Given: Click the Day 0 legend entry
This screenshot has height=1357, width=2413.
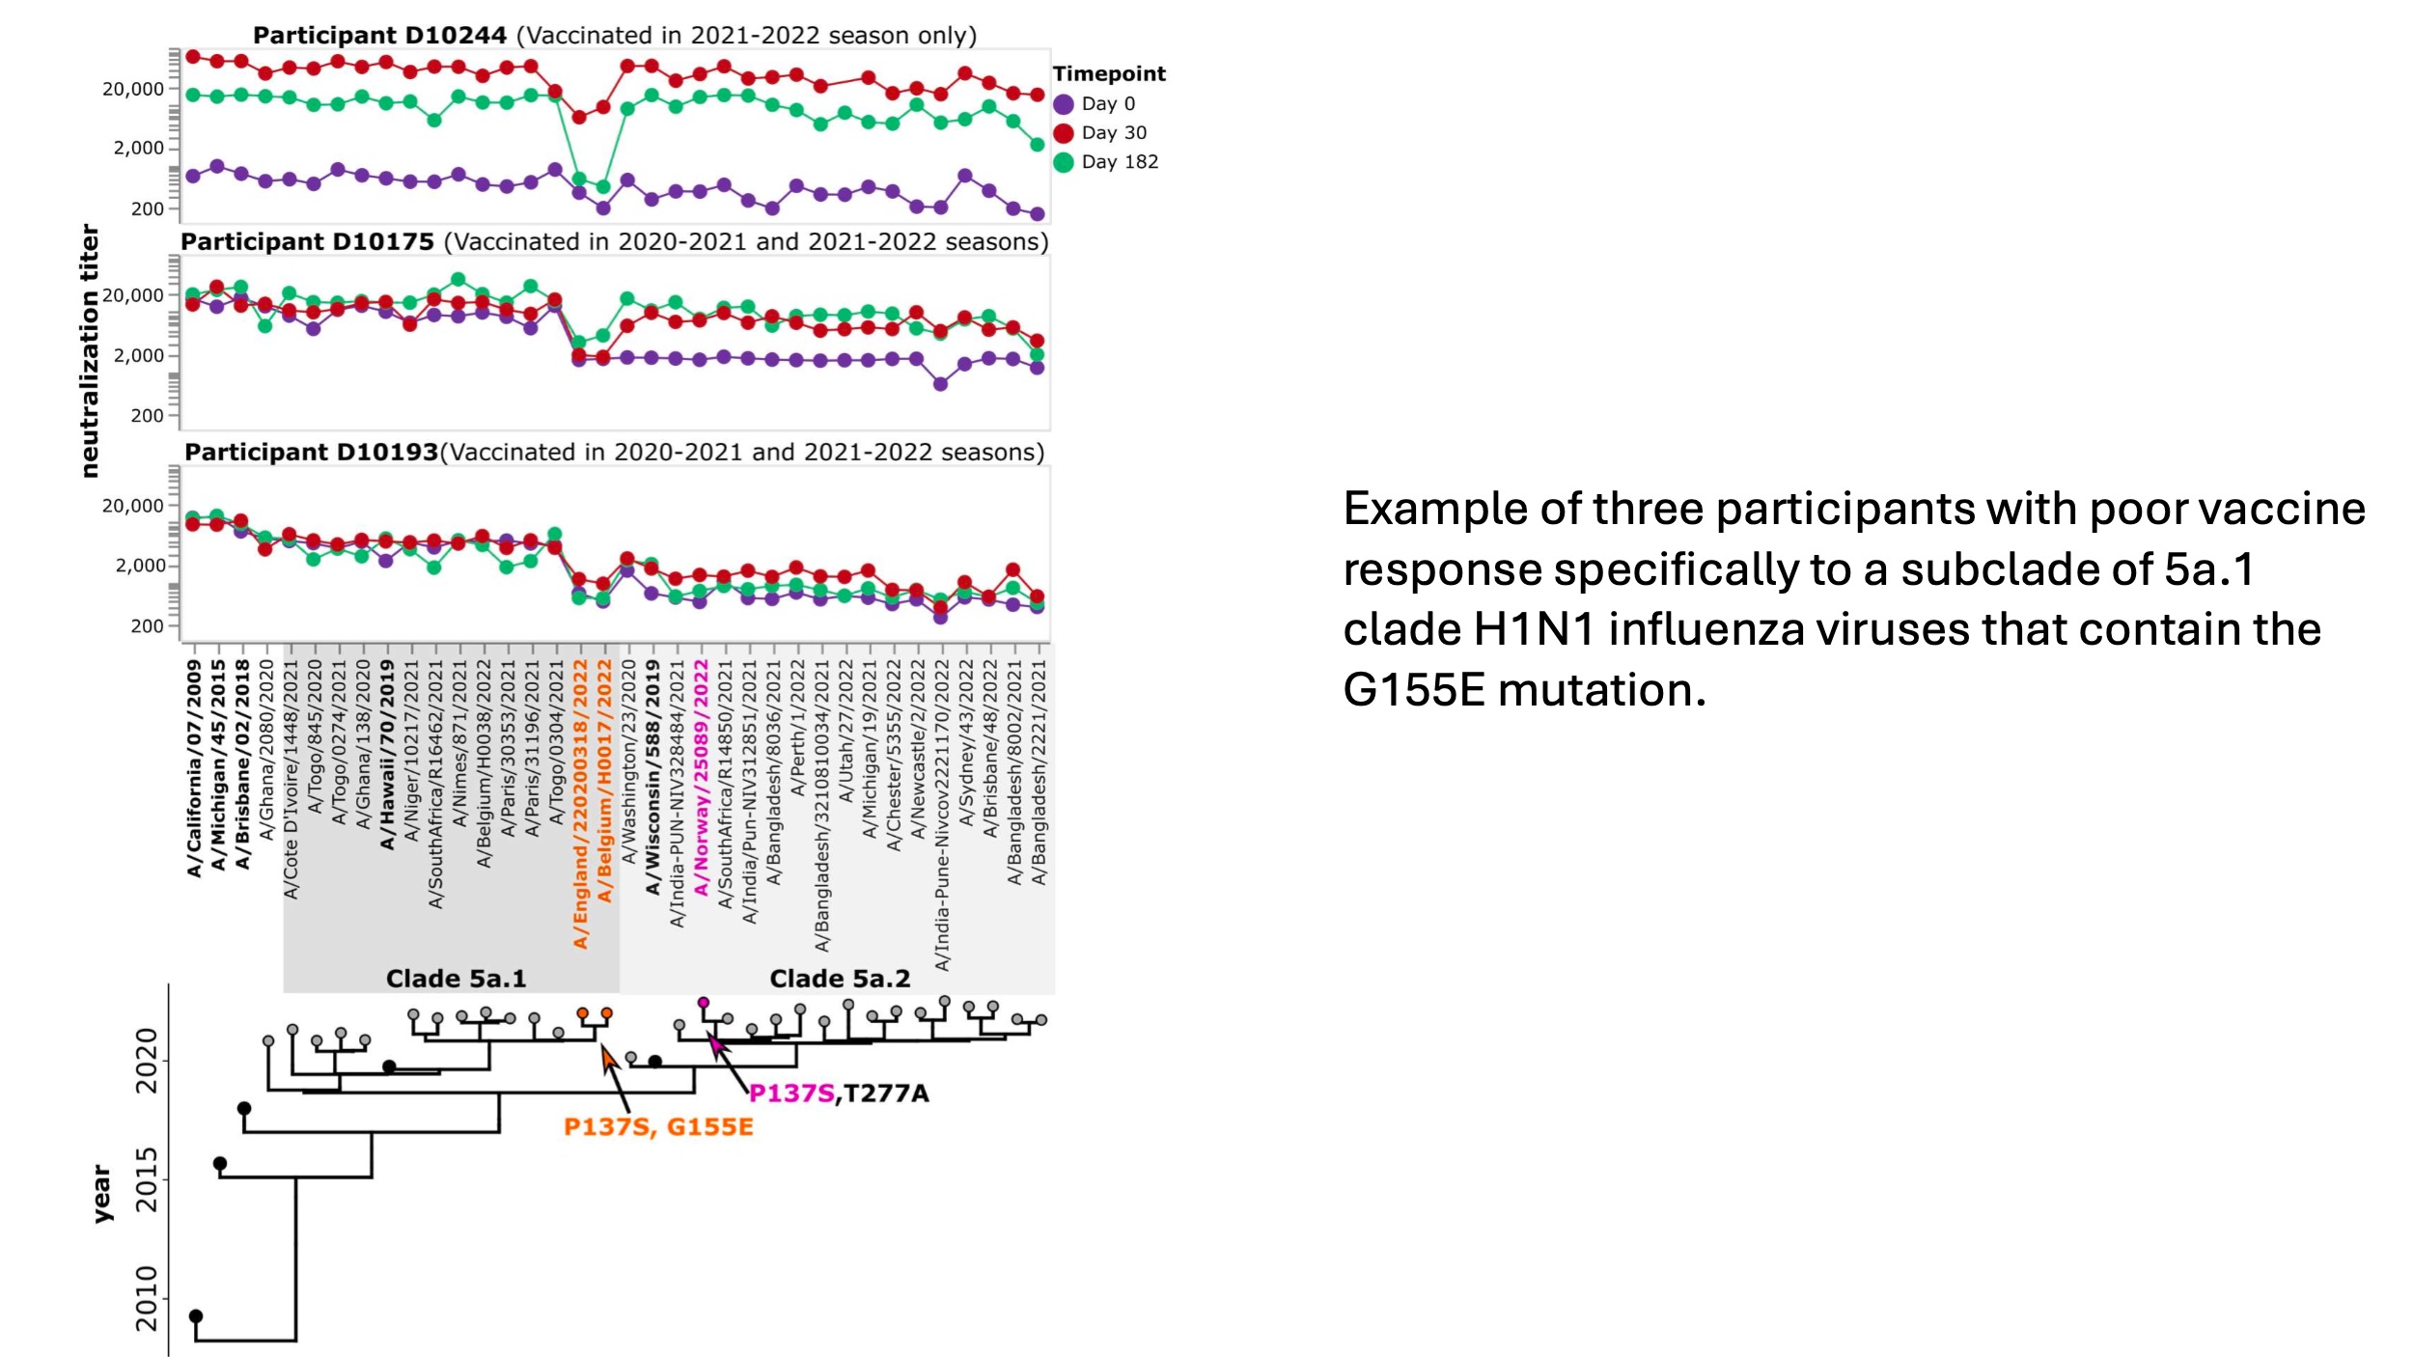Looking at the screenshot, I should coord(1106,103).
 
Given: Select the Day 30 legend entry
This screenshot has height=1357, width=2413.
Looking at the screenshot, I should coord(1112,132).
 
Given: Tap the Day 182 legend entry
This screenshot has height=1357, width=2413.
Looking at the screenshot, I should coord(1118,161).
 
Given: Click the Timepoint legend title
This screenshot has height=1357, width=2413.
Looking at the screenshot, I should coord(1109,73).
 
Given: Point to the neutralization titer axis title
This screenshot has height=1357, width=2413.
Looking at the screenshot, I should coord(89,350).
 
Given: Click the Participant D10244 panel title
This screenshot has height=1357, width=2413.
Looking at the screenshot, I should coord(615,36).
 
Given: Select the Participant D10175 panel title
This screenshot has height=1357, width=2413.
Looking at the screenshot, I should coord(615,242).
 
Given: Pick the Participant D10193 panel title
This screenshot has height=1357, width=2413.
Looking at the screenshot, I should coord(615,453).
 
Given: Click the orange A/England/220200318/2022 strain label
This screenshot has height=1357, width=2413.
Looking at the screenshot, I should coord(580,803).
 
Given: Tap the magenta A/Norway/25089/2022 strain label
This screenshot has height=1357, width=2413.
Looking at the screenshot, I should coord(702,777).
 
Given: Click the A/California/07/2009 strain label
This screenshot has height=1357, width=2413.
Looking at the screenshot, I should coord(194,768).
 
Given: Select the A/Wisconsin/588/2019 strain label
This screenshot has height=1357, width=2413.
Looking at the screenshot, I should coord(652,777).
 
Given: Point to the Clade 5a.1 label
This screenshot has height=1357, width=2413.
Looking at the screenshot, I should coord(456,979).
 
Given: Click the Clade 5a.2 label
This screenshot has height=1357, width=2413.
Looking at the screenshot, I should coord(840,979).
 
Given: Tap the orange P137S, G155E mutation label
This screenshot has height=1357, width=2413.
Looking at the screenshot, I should coord(658,1127).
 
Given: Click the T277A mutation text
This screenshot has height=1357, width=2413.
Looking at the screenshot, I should coord(885,1094).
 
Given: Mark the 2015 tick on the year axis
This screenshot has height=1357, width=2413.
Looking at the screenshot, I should coord(147,1178).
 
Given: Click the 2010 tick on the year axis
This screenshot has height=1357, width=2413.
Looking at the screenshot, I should coord(147,1298).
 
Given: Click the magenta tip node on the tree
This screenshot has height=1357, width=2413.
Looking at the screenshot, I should coord(704,1003).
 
